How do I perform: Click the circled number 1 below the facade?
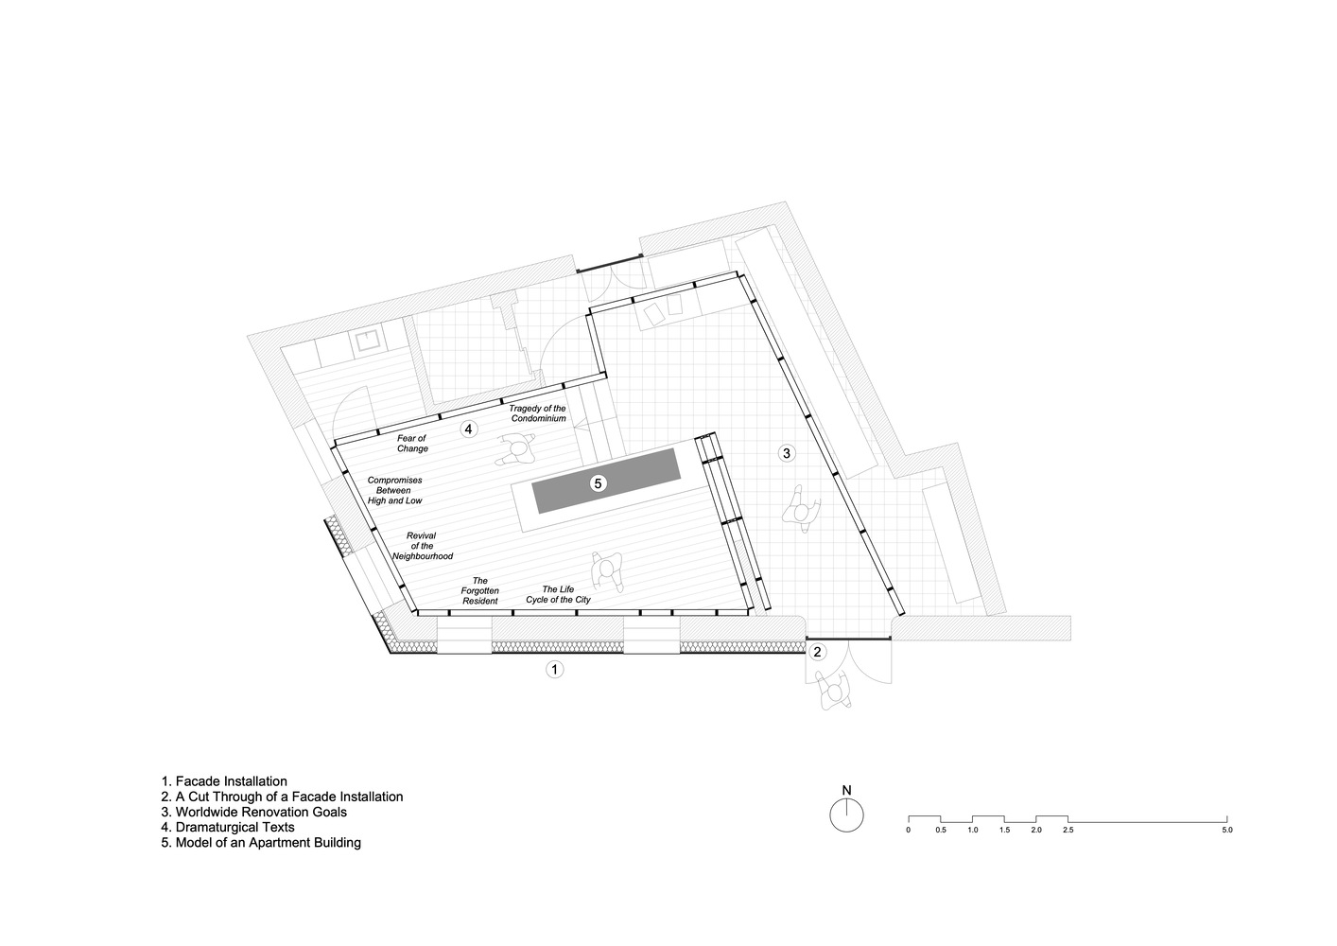point(554,670)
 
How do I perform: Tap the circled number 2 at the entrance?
point(817,652)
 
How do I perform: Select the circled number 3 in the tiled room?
point(787,453)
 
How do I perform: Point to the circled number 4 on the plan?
point(469,429)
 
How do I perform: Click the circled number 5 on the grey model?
point(599,483)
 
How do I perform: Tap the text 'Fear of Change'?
point(412,443)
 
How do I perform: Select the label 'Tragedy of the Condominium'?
point(538,413)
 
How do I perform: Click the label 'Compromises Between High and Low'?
point(394,490)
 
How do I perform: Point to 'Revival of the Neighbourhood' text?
point(422,546)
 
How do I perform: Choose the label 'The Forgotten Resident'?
point(480,590)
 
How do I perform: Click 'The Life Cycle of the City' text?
point(558,594)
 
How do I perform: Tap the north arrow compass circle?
point(846,815)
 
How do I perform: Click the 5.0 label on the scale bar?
point(1227,831)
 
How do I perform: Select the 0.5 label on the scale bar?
point(941,831)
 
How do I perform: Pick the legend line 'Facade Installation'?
point(224,781)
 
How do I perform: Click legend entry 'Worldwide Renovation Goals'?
point(254,813)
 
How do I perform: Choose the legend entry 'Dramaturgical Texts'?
point(228,827)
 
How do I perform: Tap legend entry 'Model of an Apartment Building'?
point(261,843)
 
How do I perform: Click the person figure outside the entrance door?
point(833,691)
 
